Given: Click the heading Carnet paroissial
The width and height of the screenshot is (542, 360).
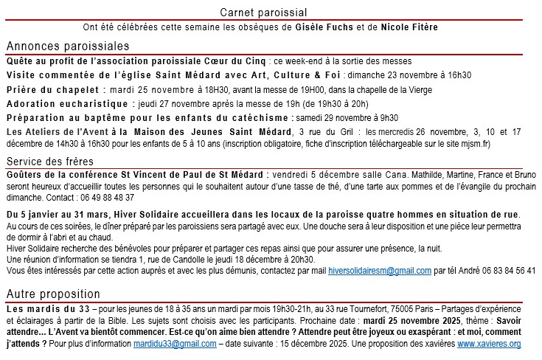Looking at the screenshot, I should [263, 13].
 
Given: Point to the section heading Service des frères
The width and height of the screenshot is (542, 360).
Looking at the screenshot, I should [49, 162].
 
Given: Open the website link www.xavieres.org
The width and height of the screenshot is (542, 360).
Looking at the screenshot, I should [489, 344].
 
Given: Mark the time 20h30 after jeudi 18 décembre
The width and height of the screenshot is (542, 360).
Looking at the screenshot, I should [303, 260].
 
